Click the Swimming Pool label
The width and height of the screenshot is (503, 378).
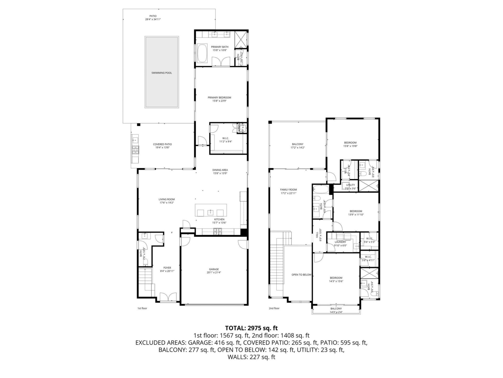click(x=162, y=73)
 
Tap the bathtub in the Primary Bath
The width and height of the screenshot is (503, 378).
click(x=202, y=53)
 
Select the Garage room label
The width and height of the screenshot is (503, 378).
click(x=214, y=269)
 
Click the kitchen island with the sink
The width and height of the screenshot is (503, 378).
click(x=211, y=210)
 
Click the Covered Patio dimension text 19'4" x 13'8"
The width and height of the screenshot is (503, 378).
click(x=162, y=148)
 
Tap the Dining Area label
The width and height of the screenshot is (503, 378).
click(x=220, y=170)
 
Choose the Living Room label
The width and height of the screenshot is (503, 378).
click(x=167, y=199)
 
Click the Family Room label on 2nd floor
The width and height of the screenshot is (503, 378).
click(x=288, y=190)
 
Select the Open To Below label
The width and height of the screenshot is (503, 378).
click(x=301, y=275)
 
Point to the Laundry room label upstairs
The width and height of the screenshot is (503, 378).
click(x=340, y=242)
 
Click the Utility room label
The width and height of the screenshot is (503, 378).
click(x=350, y=185)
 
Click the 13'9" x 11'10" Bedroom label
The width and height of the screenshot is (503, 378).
click(x=356, y=211)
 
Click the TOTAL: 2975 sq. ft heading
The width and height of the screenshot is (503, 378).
click(x=251, y=328)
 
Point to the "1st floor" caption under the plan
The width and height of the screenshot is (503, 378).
click(x=142, y=308)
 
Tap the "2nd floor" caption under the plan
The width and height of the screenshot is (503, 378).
click(x=274, y=308)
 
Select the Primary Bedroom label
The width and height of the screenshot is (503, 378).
click(x=219, y=97)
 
